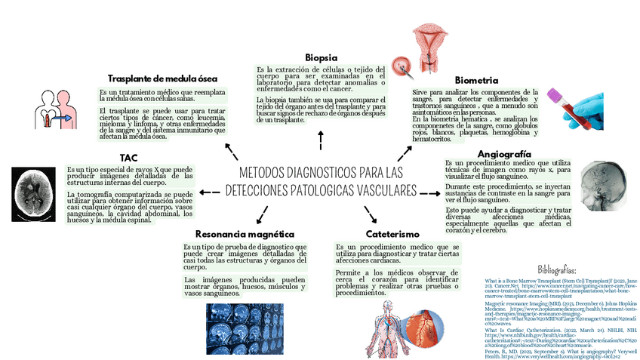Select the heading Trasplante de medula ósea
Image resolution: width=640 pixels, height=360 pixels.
tap(162, 78)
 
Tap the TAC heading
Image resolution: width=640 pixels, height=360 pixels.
tap(128, 158)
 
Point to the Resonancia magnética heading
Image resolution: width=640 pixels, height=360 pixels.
tap(244, 234)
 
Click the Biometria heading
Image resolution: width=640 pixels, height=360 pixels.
tap(475, 80)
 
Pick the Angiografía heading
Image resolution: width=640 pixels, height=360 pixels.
tap(499, 154)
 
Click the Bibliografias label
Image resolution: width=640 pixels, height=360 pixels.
tap(557, 269)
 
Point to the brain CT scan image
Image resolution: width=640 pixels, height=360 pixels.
tap(35, 190)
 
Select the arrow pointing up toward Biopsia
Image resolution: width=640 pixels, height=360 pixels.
tap(322, 140)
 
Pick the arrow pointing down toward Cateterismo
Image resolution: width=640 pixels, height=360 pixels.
tap(371, 214)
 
